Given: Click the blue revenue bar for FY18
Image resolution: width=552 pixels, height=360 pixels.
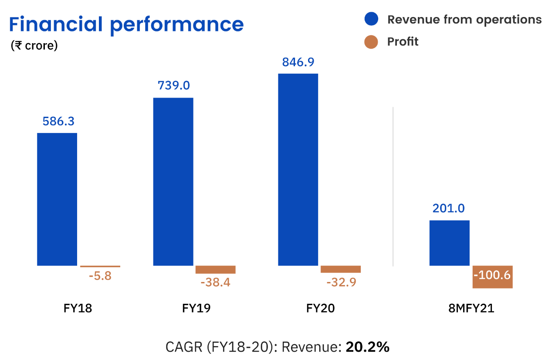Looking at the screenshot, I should point(57,199).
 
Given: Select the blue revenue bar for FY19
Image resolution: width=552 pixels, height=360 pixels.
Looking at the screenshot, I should point(173,181).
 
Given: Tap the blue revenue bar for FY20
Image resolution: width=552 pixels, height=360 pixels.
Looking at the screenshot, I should point(298,170).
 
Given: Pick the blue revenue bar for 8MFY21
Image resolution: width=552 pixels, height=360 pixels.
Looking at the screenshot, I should point(449,243).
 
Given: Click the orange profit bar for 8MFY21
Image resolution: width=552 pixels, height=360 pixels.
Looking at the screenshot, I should point(492,277).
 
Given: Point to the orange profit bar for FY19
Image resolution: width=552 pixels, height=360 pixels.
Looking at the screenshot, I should point(215,269).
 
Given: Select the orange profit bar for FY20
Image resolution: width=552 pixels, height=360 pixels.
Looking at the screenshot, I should point(340,269).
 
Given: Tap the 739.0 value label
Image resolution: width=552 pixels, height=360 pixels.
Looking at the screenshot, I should point(173,85).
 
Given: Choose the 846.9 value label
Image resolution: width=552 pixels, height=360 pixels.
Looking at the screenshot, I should point(298,62).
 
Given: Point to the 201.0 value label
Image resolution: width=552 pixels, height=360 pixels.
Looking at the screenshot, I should point(449,209).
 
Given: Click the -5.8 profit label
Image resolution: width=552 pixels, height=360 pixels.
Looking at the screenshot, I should point(100,276).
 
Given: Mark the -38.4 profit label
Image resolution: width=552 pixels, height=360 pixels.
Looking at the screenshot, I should point(215,282).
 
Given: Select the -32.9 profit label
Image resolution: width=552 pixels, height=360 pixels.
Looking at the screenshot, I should point(341,282).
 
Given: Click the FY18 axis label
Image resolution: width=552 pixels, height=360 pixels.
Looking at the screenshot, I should point(78,309).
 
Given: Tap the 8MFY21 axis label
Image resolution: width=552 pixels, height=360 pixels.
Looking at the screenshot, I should point(471,309).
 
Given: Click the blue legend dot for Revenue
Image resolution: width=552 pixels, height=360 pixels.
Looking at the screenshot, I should point(371,19).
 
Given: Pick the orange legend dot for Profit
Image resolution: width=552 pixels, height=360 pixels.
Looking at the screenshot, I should point(371,42).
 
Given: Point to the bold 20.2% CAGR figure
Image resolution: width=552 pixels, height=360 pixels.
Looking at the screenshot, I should point(367,347).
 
